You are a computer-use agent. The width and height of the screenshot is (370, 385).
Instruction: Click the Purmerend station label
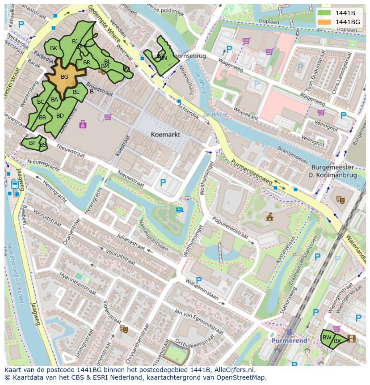tap(290, 341)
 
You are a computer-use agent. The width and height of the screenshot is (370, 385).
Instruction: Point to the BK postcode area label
tap(54, 48)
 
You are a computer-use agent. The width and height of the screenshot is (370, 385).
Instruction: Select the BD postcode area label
tap(60, 116)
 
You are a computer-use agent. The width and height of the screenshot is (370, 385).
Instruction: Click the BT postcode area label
tap(32, 143)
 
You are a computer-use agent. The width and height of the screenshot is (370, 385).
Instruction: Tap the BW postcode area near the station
tap(327, 338)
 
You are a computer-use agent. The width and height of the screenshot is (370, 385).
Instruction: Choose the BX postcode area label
tap(337, 341)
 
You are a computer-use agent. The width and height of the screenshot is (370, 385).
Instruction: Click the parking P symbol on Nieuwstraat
tap(163, 182)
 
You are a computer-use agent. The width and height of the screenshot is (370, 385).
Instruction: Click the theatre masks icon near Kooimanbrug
tap(341, 199)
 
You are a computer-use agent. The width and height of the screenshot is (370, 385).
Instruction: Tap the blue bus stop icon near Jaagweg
tap(14, 184)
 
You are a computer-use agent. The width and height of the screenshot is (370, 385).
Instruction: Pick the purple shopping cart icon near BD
tap(107, 117)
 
